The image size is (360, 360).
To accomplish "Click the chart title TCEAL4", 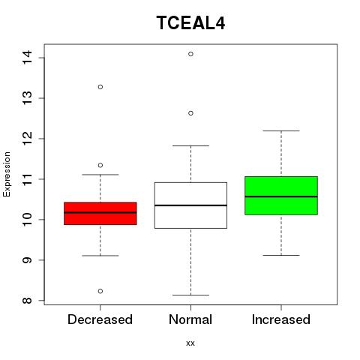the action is [190, 22].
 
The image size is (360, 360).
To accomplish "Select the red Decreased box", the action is [100, 214].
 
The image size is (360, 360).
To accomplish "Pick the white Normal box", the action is [190, 205].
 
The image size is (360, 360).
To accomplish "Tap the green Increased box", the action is [281, 196].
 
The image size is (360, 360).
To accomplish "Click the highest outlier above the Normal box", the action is [190, 54].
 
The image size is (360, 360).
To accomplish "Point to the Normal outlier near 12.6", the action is [190, 113].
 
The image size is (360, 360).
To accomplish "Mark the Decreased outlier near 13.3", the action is [100, 87].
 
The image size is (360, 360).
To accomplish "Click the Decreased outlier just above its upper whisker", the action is [100, 165].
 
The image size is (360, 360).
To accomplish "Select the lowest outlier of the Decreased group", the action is [100, 291].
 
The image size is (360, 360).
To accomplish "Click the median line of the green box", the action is [281, 196].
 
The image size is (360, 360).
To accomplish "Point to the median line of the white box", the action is [190, 205].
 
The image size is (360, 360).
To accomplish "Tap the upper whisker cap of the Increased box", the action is [281, 130].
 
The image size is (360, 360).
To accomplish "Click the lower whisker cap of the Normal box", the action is [190, 295].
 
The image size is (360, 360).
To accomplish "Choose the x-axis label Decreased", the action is [100, 319].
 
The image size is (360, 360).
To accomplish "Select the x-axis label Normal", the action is [190, 319].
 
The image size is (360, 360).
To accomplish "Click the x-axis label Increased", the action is [281, 319].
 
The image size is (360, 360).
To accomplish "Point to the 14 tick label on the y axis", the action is [27, 58].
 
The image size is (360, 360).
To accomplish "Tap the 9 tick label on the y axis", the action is [27, 260].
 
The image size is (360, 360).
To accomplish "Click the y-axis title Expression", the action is [7, 174].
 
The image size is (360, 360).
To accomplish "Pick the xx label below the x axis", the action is [190, 343].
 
